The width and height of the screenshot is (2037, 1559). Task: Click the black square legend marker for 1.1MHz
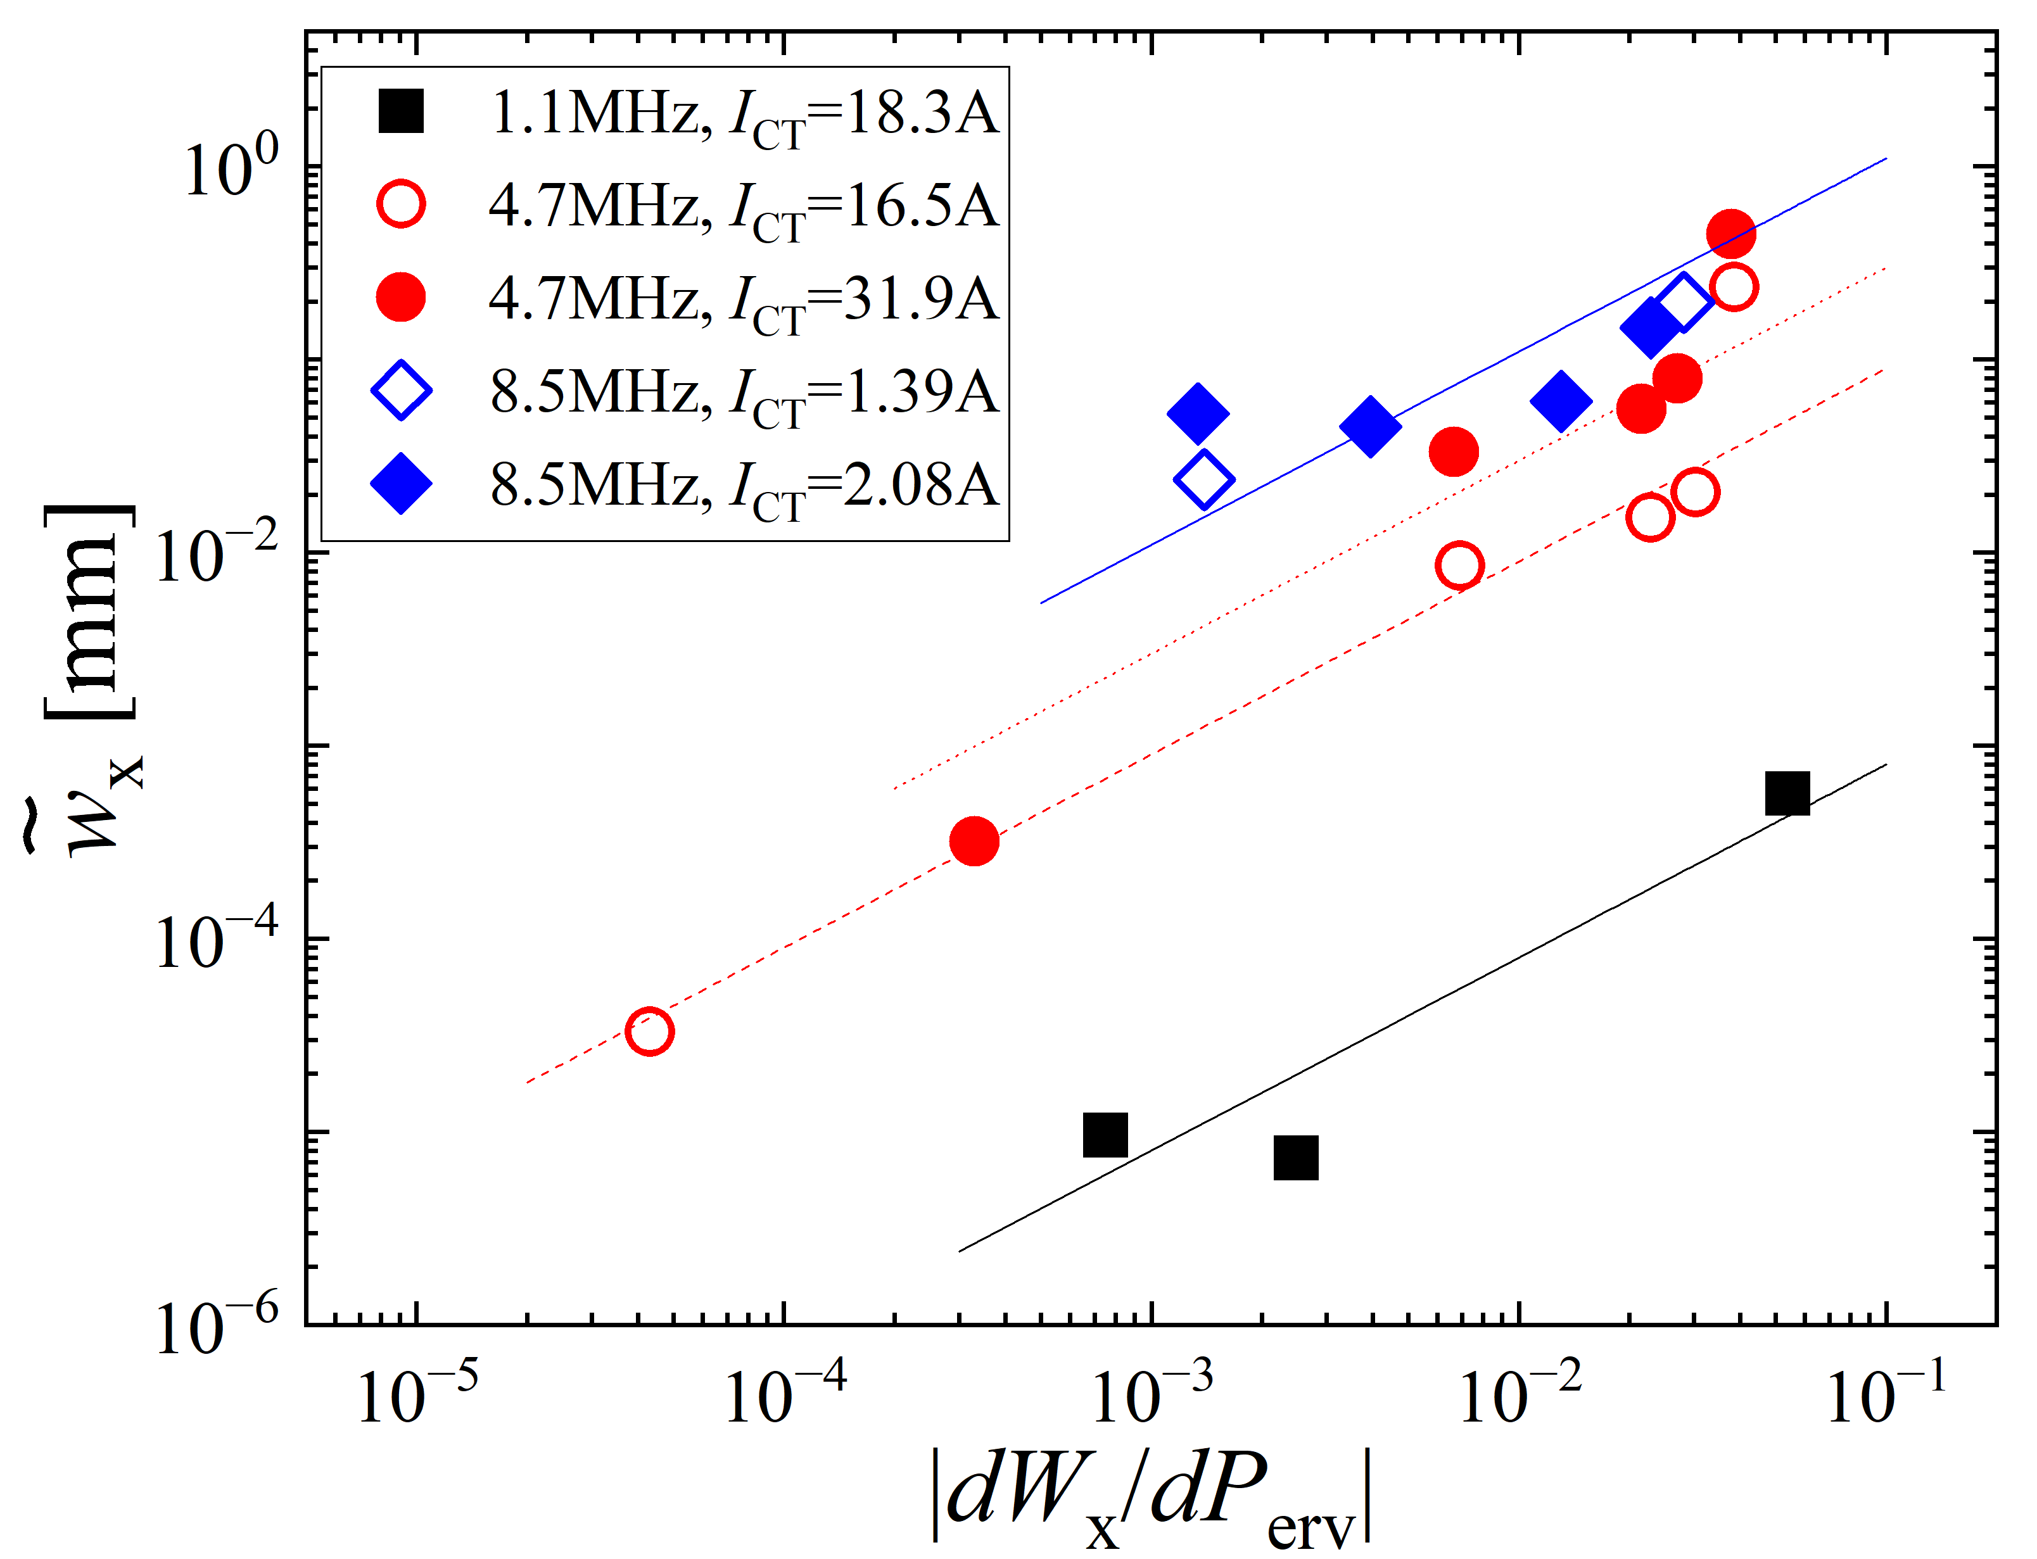(x=401, y=111)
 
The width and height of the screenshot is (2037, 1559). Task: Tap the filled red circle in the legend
(x=401, y=298)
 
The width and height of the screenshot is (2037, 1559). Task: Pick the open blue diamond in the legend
(x=401, y=391)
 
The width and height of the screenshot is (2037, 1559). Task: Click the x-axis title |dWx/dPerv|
(x=1151, y=1499)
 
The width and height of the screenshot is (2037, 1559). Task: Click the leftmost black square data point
(x=1105, y=1134)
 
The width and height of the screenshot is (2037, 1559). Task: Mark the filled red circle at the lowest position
(x=974, y=841)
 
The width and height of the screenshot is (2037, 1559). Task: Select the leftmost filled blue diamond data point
(x=1198, y=413)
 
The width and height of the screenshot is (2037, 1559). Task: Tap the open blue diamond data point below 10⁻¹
(x=1203, y=480)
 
